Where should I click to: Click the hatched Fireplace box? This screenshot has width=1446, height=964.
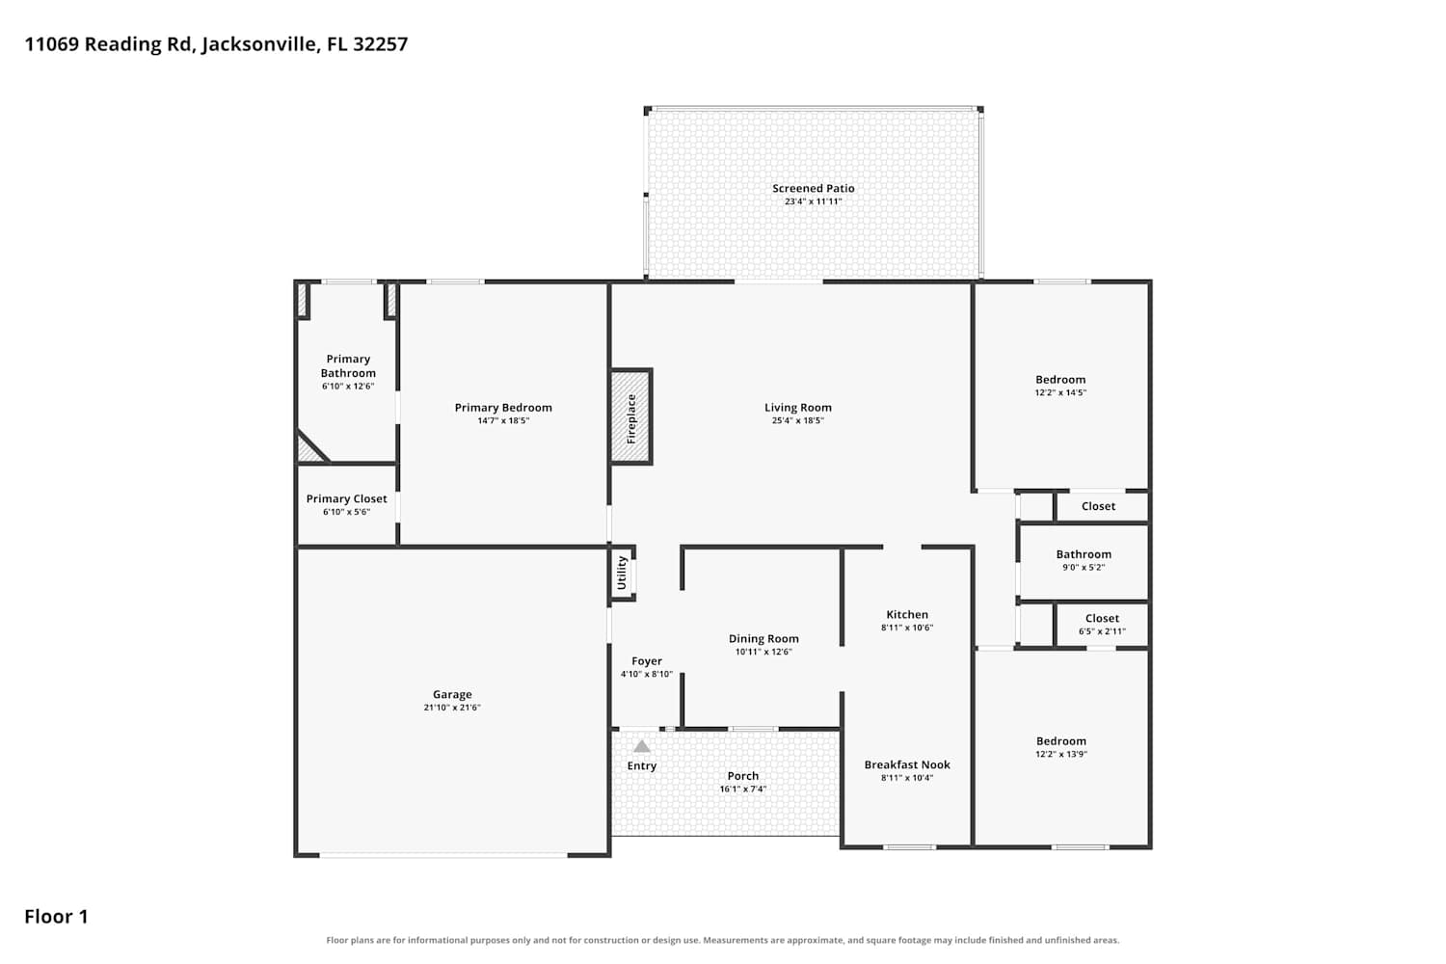pos(631,416)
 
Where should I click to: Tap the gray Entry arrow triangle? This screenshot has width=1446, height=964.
pos(642,746)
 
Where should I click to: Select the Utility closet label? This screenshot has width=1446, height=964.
pos(622,573)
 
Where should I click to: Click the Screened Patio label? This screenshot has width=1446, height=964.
pos(814,189)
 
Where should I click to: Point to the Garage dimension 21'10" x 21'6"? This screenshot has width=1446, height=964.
pos(452,707)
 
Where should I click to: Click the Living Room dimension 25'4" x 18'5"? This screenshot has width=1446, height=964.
pos(798,420)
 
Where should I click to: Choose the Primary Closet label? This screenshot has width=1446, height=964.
pos(347,498)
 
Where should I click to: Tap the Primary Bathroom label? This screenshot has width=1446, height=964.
pos(348,365)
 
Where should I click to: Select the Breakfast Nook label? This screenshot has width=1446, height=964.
pos(907,764)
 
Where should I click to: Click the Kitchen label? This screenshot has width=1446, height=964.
pos(907,615)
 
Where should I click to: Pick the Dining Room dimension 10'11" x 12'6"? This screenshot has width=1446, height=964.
pos(763,652)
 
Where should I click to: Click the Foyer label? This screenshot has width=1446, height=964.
pos(647,661)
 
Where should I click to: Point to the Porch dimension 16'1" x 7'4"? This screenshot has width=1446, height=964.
pos(743,789)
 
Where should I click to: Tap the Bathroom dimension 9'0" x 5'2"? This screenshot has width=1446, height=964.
pos(1084,568)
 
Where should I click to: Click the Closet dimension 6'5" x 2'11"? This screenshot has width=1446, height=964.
pos(1102,631)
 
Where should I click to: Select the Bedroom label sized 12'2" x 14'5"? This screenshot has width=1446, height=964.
pos(1060,380)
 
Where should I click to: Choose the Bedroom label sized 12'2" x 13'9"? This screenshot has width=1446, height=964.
pos(1061,741)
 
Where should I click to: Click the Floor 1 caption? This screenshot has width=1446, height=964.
pos(56,917)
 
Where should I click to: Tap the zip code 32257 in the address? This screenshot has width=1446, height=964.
pos(380,44)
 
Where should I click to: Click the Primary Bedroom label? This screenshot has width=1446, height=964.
pos(503,408)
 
